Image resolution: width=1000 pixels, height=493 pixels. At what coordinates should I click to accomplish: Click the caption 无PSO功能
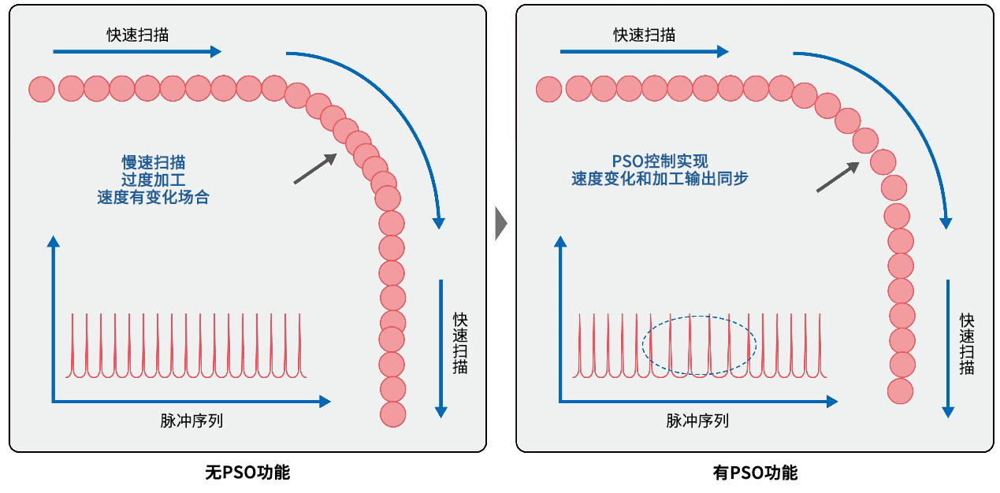247,473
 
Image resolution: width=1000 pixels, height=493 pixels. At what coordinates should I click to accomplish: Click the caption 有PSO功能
755,473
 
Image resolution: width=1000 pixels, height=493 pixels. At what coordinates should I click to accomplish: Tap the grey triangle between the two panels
500,224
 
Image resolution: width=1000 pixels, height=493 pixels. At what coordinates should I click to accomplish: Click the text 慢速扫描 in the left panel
154,163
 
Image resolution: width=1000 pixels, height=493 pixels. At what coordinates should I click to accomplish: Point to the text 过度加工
154,180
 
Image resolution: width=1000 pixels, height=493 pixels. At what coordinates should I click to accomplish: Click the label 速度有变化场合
154,198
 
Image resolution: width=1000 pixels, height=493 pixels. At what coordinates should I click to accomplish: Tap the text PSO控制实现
660,161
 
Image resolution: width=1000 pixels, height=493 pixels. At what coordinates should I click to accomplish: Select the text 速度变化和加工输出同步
660,179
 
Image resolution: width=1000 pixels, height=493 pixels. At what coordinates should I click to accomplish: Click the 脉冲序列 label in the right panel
697,421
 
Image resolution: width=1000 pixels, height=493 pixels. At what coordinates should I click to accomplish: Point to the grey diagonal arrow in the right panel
838,177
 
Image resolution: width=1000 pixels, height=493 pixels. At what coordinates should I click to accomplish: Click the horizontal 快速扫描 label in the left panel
138,35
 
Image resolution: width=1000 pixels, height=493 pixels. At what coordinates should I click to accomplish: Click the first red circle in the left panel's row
42,89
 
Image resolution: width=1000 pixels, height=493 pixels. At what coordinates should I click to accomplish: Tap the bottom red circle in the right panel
900,391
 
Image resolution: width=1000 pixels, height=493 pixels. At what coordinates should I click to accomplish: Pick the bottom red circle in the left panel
392,414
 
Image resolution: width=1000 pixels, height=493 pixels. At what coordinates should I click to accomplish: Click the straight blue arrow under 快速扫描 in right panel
644,52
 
